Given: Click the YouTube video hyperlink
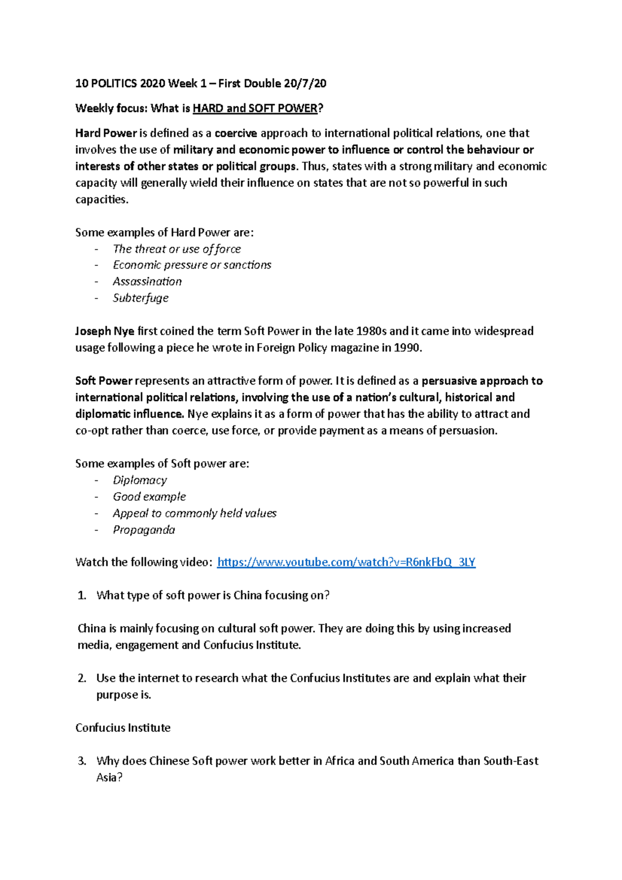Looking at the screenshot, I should tap(346, 562).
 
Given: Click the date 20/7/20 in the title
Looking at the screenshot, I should tap(305, 83).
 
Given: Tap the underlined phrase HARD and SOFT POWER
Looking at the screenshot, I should tap(255, 108).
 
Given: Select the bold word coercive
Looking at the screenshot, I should tap(235, 133).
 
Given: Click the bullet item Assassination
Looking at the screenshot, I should tap(147, 281).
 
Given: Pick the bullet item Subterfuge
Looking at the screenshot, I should tap(140, 298).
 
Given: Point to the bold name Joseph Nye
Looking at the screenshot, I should tap(105, 331).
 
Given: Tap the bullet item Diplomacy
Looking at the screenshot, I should tap(140, 480).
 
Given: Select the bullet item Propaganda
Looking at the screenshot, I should tap(144, 530).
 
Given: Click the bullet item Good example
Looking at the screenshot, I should tap(149, 497).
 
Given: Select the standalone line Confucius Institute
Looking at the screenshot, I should tap(123, 728).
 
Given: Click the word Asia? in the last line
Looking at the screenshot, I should tap(109, 778).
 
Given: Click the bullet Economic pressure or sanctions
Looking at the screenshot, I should tap(192, 265).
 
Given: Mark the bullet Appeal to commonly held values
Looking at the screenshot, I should tap(194, 514).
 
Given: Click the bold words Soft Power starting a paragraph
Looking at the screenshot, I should tap(104, 381).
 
